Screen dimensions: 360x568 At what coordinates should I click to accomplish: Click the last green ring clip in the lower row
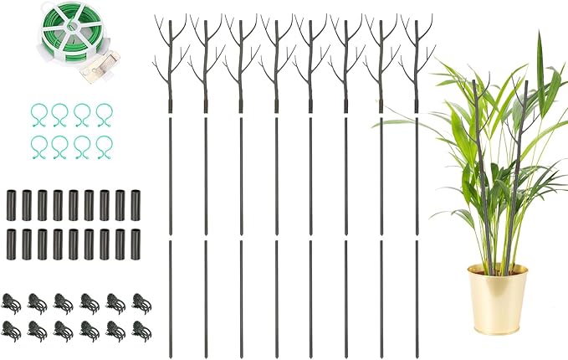point(103,146)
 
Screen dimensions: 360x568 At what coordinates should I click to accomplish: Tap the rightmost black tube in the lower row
point(135,242)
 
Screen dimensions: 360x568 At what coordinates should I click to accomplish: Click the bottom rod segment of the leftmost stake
point(171,294)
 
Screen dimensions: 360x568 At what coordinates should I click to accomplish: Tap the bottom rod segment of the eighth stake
point(417,294)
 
